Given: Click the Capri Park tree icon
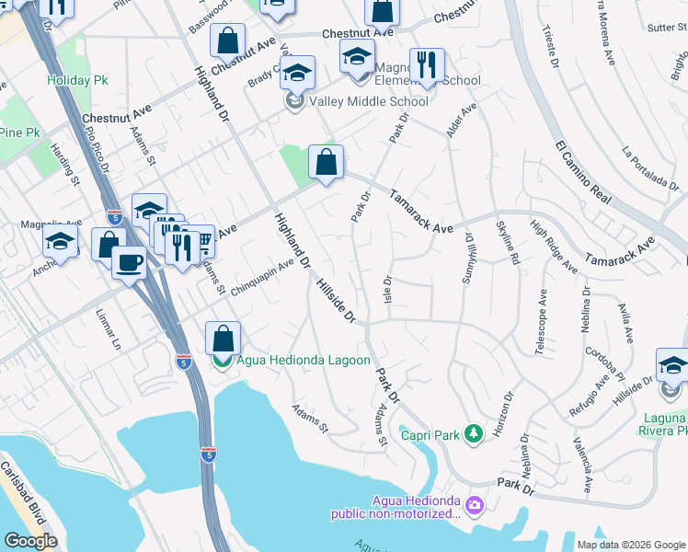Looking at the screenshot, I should tap(474, 432).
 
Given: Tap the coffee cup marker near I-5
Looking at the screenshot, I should tap(128, 263).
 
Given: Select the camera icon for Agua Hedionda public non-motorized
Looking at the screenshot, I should tap(474, 504).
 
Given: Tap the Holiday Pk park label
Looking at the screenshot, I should tap(78, 80).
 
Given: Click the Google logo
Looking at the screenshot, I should tap(30, 541).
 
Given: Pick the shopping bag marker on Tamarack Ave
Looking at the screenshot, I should tap(326, 163).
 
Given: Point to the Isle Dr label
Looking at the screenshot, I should tap(387, 293).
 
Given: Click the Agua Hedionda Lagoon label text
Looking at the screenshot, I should tap(304, 361).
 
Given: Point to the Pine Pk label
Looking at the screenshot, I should tap(19, 132).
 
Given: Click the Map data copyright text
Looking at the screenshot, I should tap(630, 545).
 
